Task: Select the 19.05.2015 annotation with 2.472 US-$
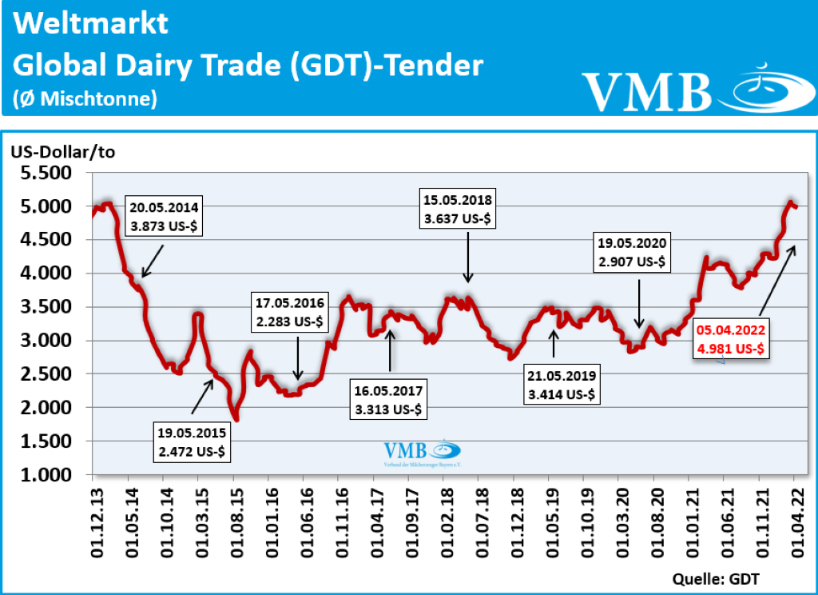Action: coord(193,442)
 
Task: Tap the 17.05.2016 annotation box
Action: coord(290,313)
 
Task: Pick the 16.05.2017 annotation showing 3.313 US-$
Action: coord(391,400)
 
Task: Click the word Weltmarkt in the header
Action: coord(91,23)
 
